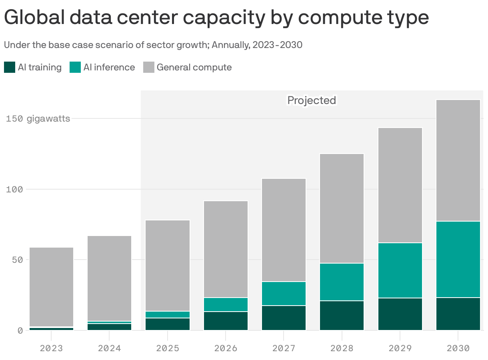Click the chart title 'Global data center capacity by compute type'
coord(216,18)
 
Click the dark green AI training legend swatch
coord(10,67)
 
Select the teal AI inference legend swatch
coord(75,67)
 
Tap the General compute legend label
coord(194,67)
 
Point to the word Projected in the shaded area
coord(312,100)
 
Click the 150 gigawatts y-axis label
coord(38,118)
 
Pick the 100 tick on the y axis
coord(14,189)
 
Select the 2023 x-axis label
coord(52,348)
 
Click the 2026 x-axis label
coord(226,348)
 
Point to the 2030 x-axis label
coord(458,348)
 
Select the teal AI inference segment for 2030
coord(458,259)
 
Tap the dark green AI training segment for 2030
coord(458,314)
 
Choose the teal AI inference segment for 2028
coord(342,282)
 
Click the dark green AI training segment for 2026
coord(226,321)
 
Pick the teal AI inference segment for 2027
coord(284,294)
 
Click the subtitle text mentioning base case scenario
coord(153,45)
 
